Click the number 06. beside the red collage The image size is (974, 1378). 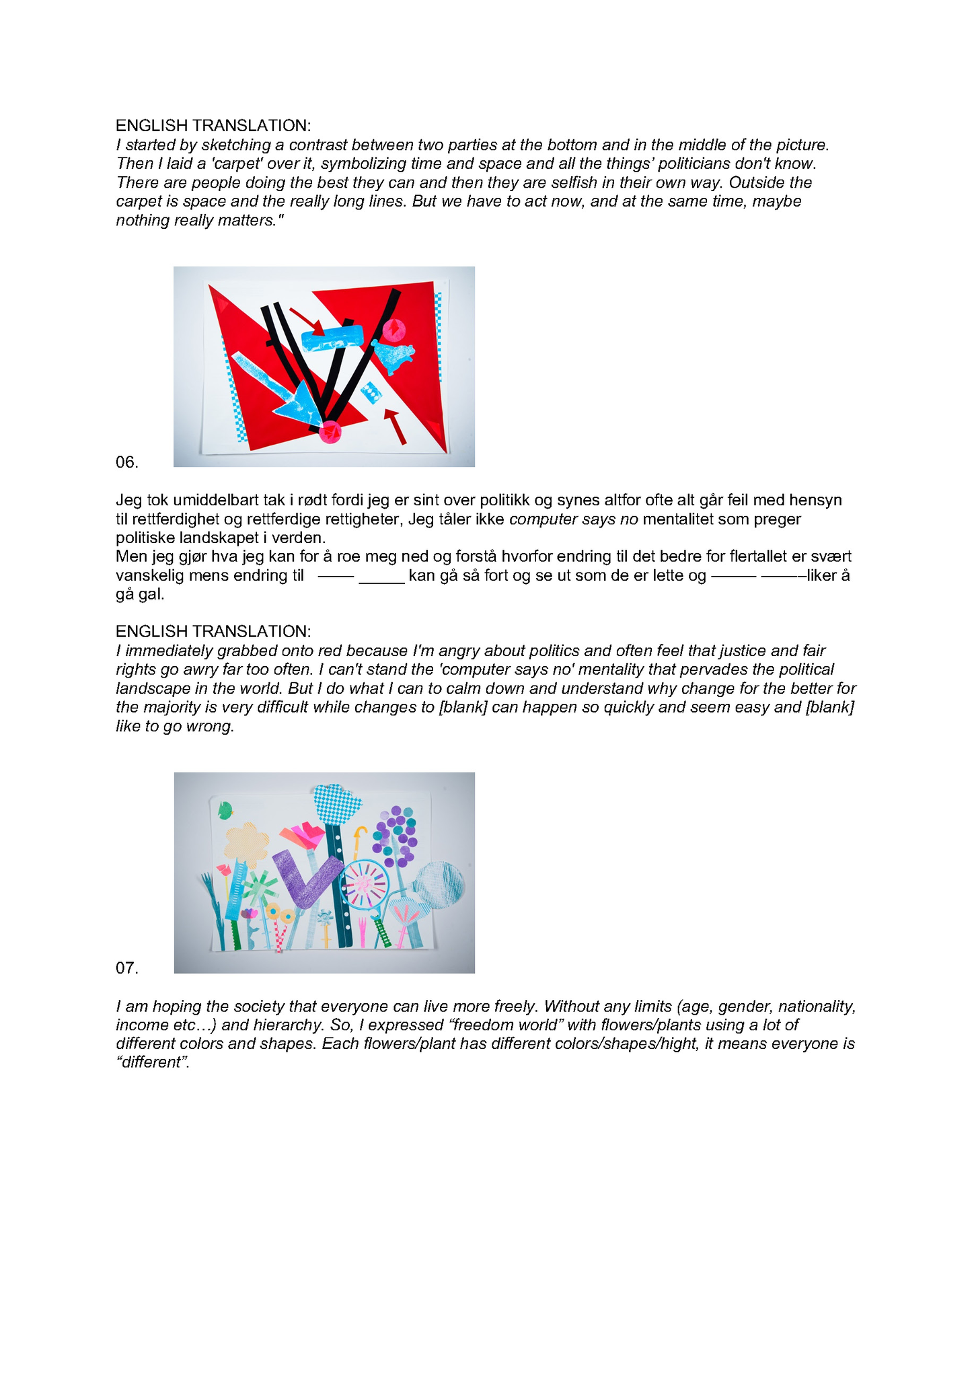(x=126, y=462)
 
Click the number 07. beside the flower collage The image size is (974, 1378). (x=126, y=968)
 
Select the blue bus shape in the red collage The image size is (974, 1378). (x=332, y=338)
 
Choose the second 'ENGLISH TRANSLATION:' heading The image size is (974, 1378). (x=213, y=631)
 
